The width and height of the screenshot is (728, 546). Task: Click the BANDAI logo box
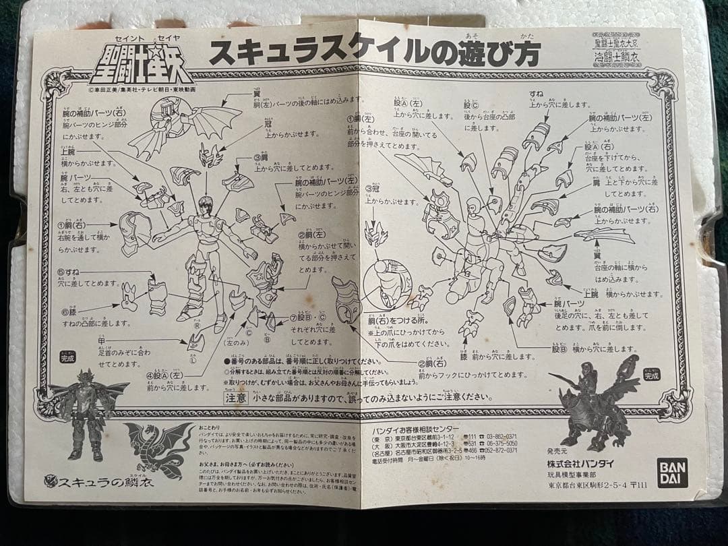tap(673, 471)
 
